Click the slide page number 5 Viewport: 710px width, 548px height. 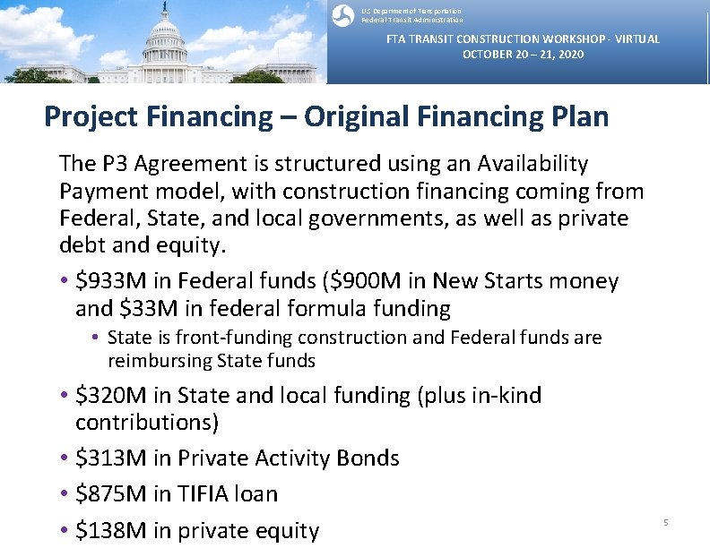(666, 522)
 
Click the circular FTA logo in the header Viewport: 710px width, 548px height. (342, 15)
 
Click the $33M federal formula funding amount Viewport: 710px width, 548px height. (139, 309)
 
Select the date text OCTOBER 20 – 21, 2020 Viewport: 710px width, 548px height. (523, 55)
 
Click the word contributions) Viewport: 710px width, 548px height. (147, 422)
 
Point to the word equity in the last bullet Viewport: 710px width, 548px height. (289, 530)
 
